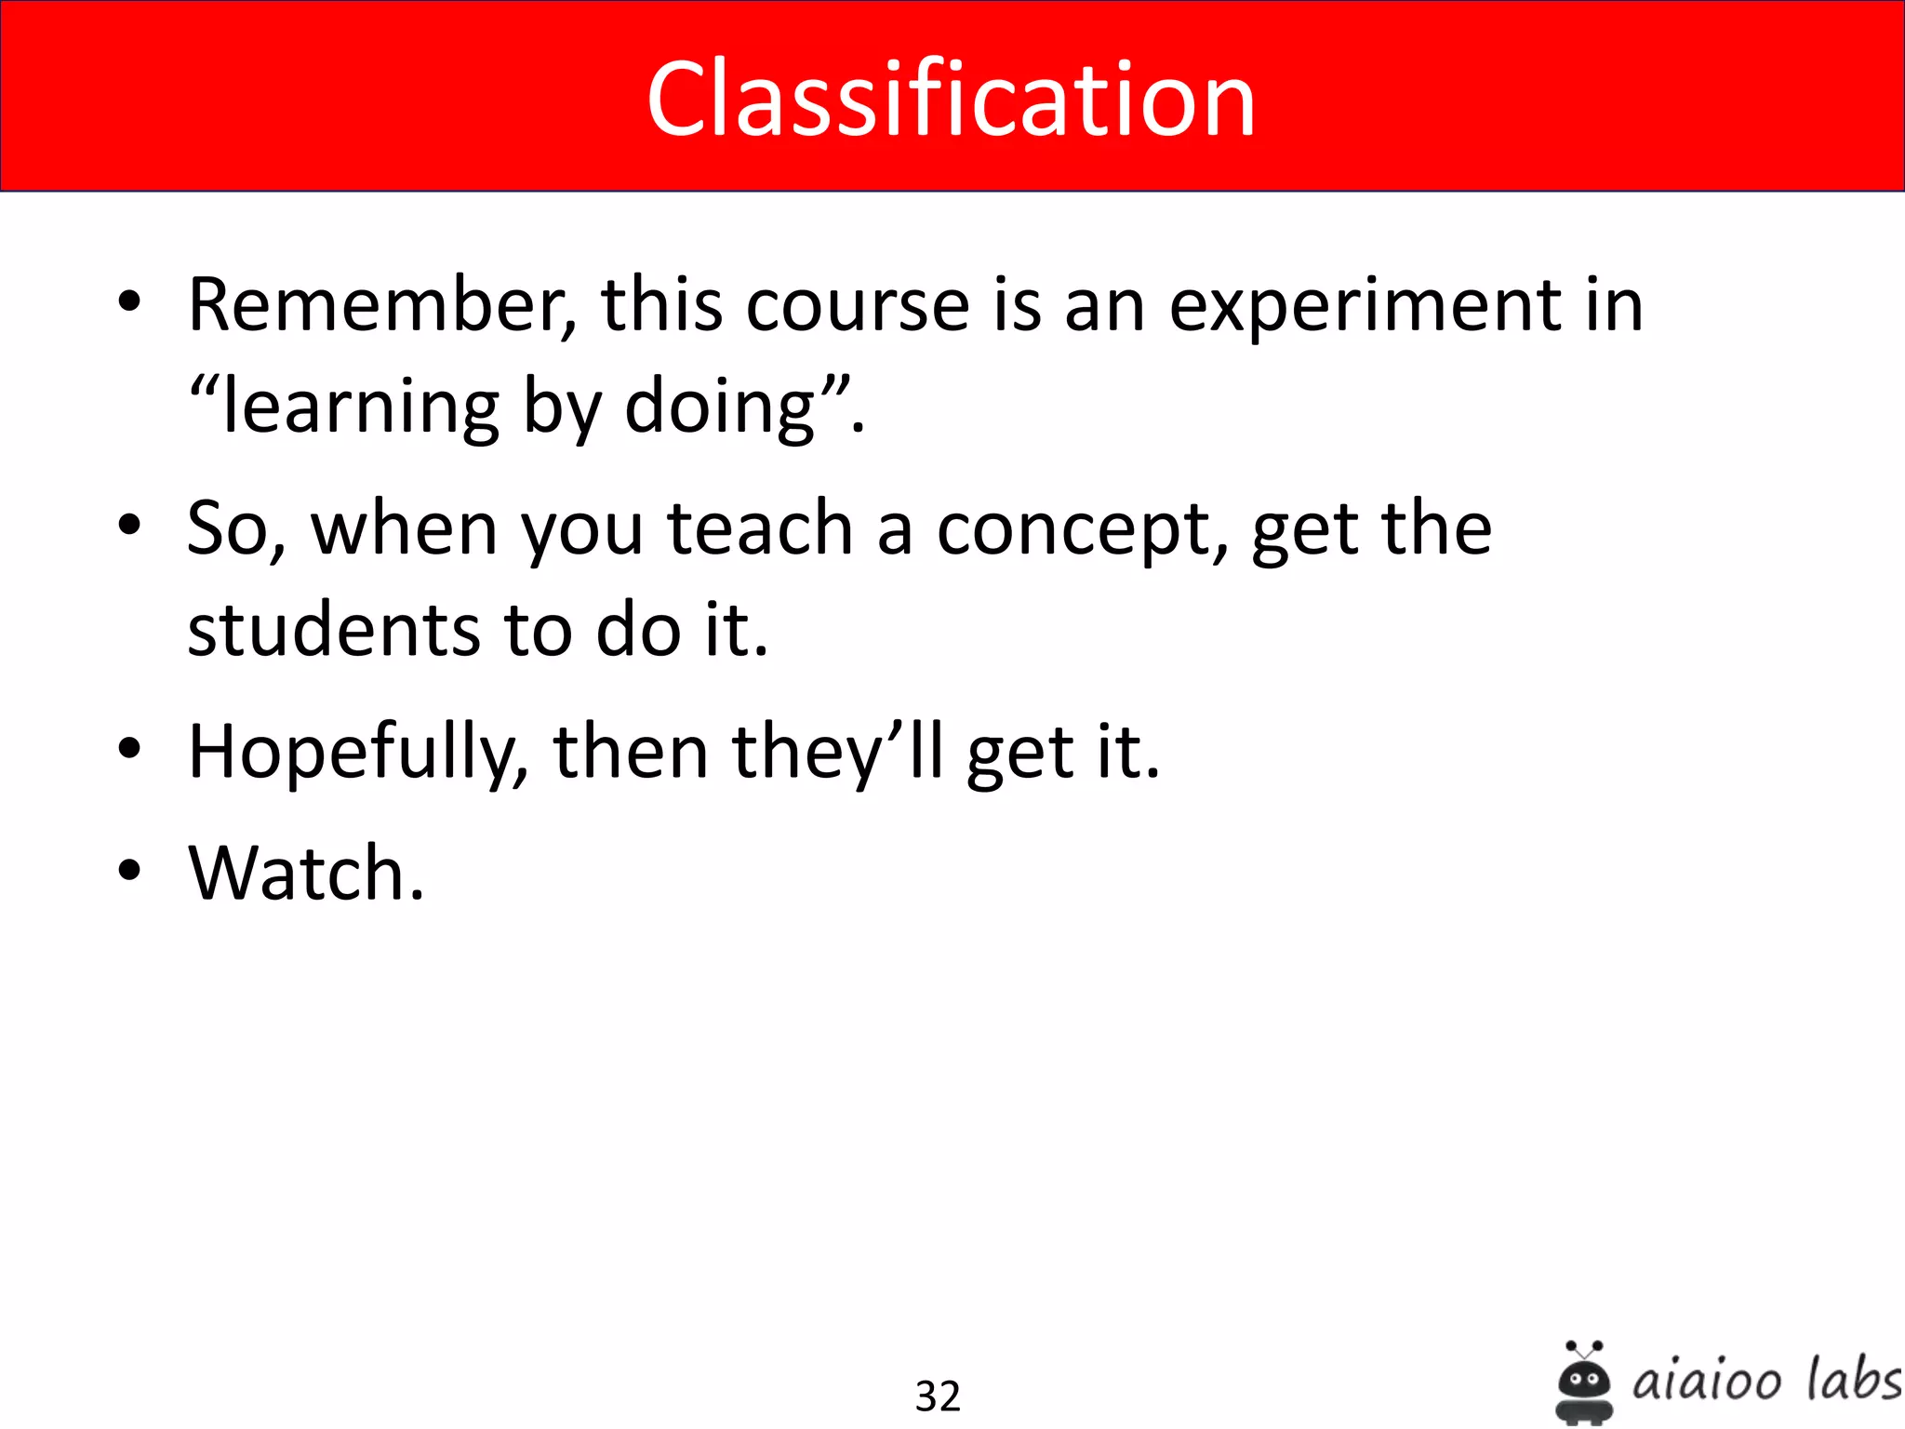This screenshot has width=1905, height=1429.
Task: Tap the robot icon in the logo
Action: click(1583, 1382)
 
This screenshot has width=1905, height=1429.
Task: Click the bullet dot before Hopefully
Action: click(129, 748)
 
